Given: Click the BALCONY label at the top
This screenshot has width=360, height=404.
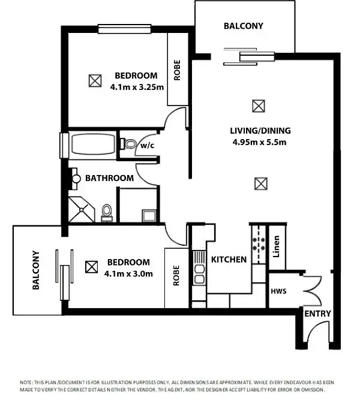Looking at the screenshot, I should (243, 26).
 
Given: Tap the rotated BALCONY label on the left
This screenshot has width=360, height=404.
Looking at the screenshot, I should (35, 270).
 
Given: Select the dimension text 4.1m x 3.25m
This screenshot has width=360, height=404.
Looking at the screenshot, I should (136, 86).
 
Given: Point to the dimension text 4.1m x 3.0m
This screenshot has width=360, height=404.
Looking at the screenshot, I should (128, 273).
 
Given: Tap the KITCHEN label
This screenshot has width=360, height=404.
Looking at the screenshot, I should (229, 260).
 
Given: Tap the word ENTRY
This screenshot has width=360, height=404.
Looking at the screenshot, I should (317, 313).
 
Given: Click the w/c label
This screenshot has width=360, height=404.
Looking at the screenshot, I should (148, 145).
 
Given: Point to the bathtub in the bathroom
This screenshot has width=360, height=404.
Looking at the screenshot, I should (94, 144).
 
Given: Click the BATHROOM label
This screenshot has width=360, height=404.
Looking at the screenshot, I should (109, 178).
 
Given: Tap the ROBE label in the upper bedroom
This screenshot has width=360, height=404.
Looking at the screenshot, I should (177, 70).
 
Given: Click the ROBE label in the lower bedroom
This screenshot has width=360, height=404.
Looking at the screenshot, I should (176, 276).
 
